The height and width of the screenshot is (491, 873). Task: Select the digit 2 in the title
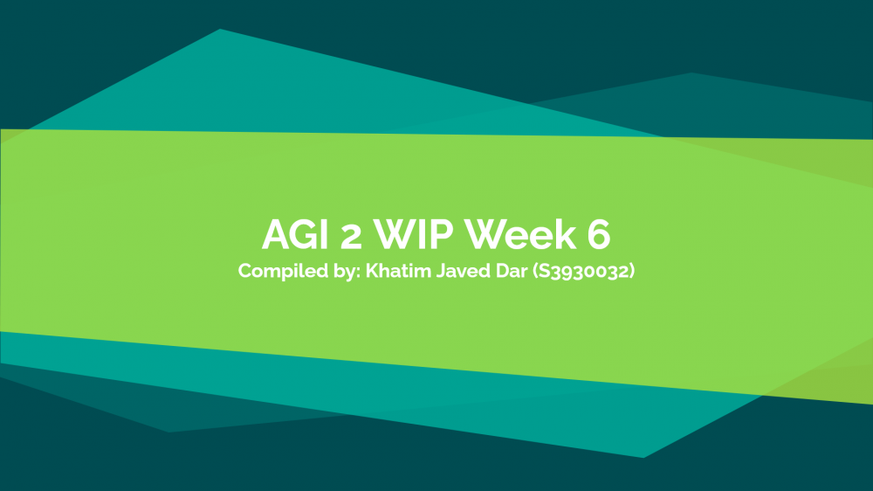coord(351,236)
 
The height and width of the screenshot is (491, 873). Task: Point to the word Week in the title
coord(520,234)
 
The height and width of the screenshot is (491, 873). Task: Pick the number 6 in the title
coord(599,235)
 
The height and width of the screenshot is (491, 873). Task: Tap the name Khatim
coord(398,271)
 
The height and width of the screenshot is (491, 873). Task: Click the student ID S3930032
coord(583,272)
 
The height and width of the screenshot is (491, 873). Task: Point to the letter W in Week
coord(484,235)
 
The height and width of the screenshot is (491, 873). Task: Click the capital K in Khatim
coord(374,271)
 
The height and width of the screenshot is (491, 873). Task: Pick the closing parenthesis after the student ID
coord(632,272)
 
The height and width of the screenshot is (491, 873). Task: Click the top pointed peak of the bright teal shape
coord(220,29)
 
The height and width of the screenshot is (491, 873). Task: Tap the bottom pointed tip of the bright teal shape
coord(643,458)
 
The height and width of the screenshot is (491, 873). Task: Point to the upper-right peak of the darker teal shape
coord(691,73)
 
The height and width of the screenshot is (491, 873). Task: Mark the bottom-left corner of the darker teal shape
coord(169,432)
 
